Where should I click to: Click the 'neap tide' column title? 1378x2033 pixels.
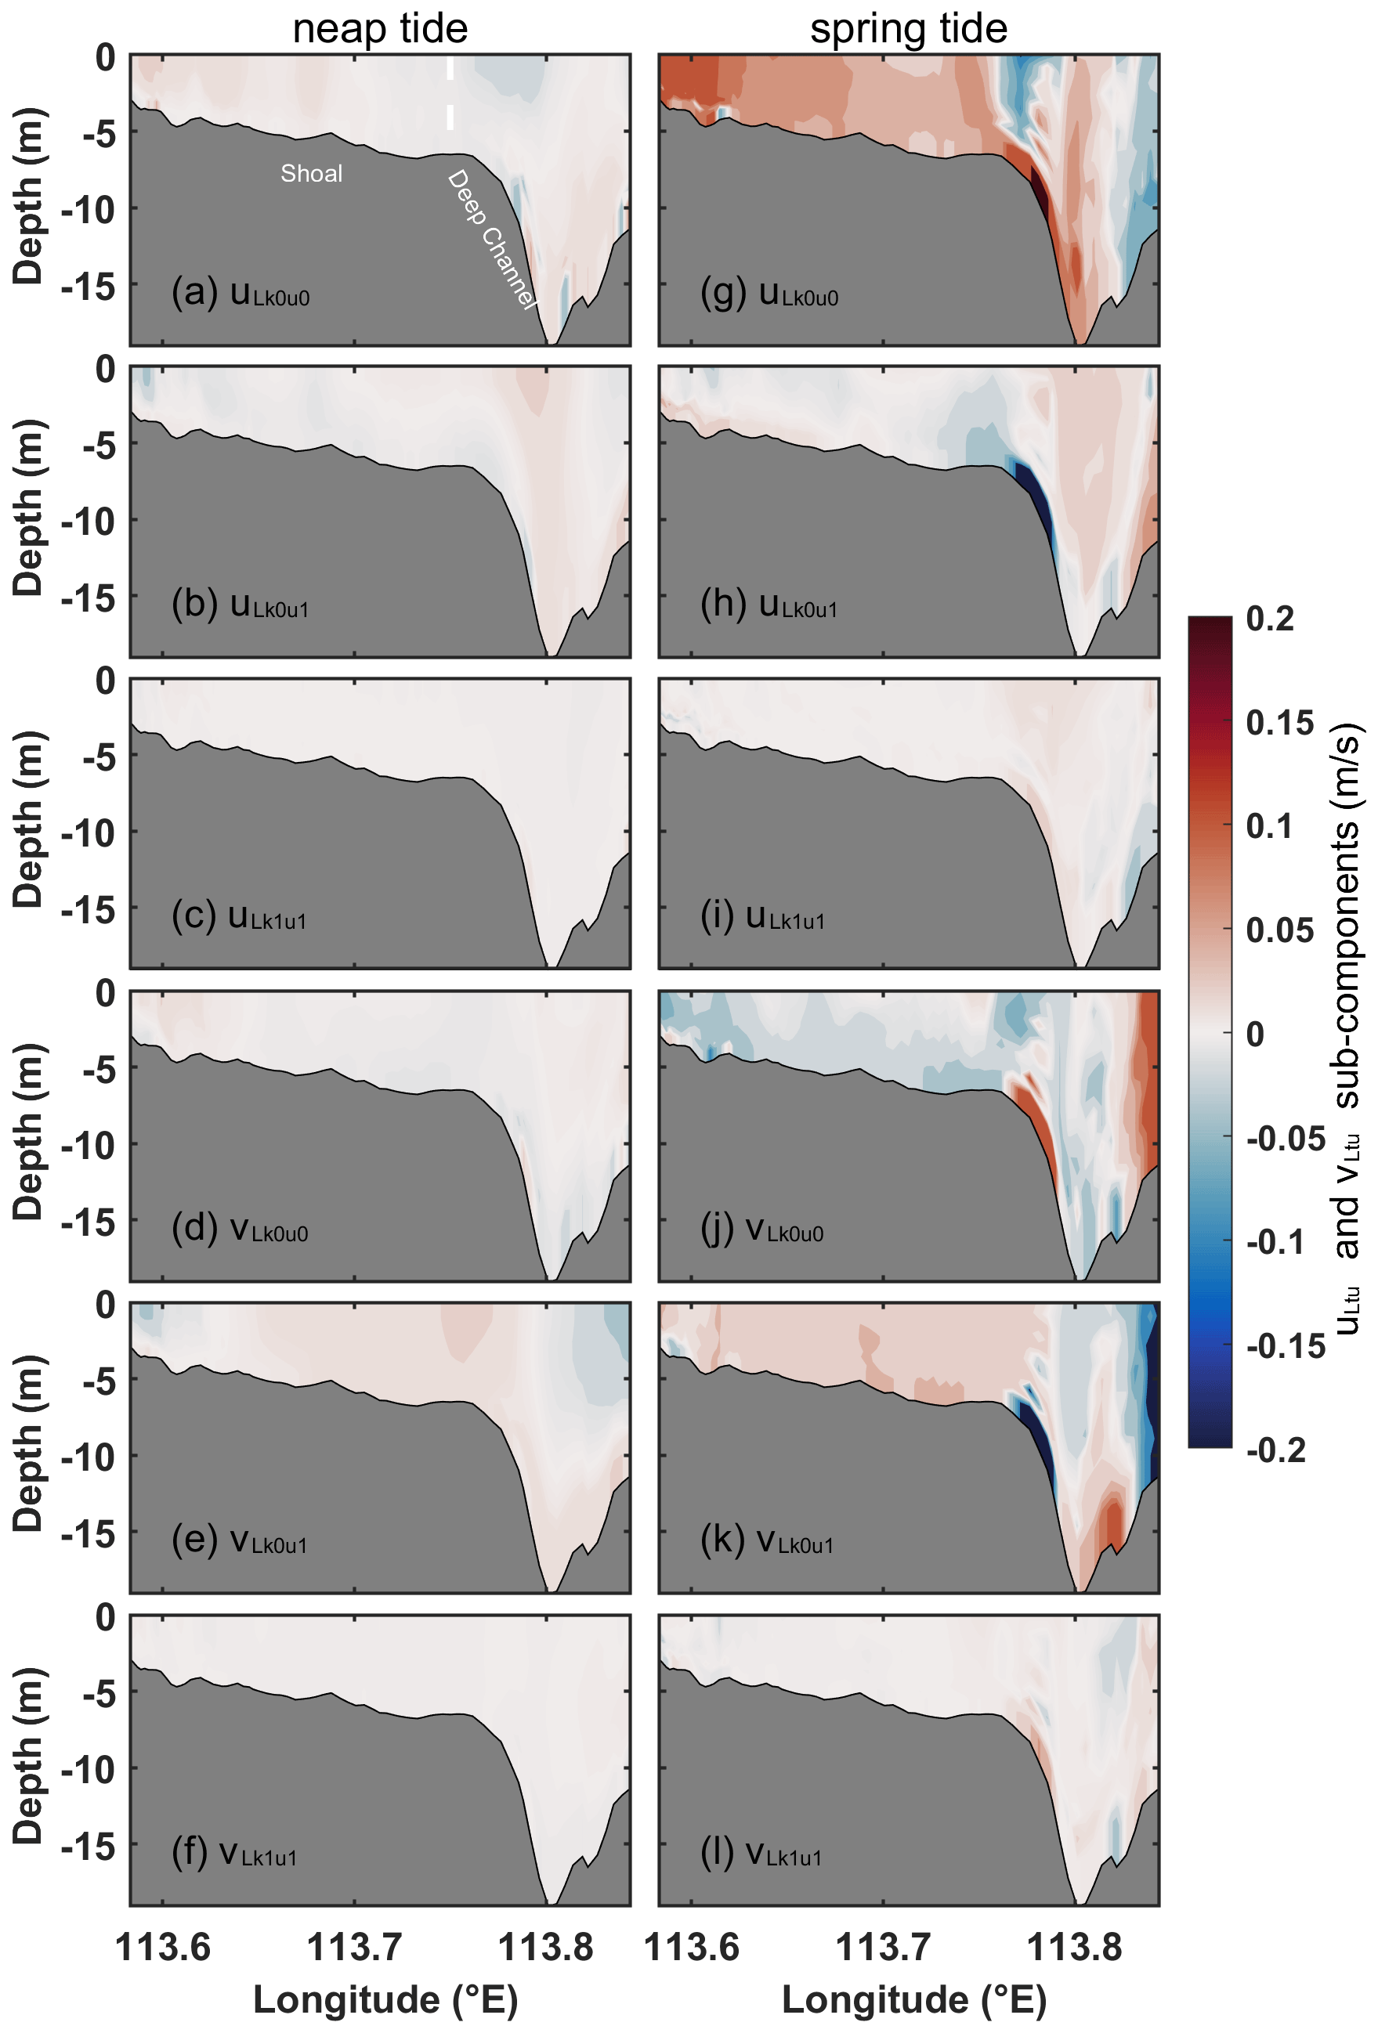point(380,28)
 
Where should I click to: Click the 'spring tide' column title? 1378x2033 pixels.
point(908,28)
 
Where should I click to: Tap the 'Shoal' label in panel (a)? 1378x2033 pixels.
point(312,173)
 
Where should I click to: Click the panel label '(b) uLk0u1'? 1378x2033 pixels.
point(241,605)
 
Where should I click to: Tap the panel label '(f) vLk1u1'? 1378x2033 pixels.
point(234,1852)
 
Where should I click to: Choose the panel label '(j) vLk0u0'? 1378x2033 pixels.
point(762,1229)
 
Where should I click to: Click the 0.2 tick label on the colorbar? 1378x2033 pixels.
point(1271,619)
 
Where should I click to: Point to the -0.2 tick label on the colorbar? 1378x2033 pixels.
point(1275,1450)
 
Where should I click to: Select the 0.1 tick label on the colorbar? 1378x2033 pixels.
point(1268,825)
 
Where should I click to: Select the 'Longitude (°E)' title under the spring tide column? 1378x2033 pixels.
point(913,2001)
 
